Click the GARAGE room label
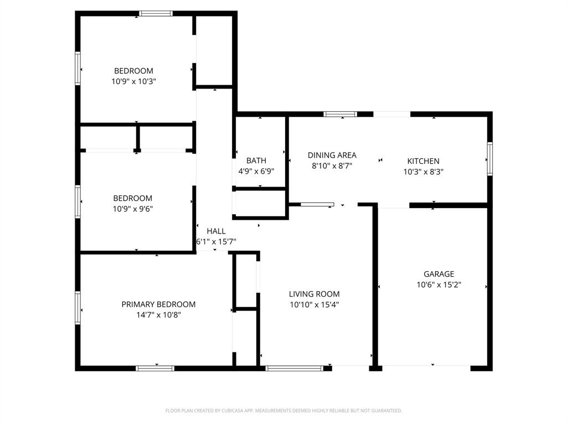click(439, 274)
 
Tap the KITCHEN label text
click(423, 161)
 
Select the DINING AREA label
click(332, 156)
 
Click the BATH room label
click(256, 161)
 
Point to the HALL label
click(216, 231)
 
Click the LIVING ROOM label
click(314, 294)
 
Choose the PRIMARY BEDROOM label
click(158, 304)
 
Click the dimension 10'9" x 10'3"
click(133, 81)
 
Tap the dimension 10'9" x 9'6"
click(133, 209)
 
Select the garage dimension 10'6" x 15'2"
click(439, 285)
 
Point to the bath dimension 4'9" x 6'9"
click(256, 172)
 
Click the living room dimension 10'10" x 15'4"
click(314, 304)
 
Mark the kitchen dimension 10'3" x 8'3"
click(423, 172)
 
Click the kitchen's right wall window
click(489, 159)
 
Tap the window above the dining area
click(340, 115)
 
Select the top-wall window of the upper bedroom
click(156, 13)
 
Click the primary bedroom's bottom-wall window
click(156, 368)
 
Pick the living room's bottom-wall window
click(294, 368)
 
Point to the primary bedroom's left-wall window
click(78, 308)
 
